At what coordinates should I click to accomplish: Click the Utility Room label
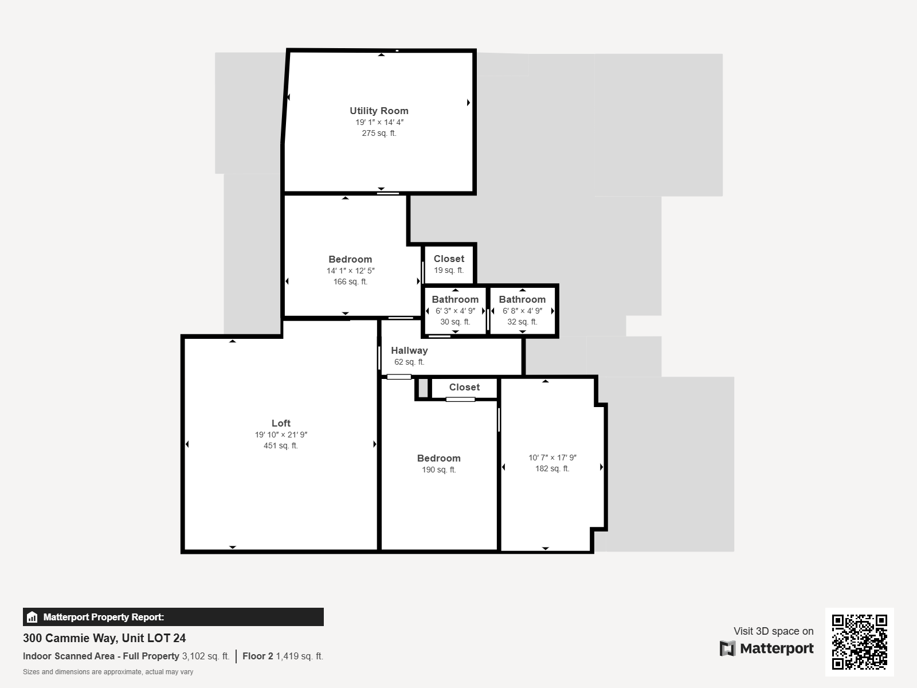point(379,111)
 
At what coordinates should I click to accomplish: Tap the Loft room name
point(281,423)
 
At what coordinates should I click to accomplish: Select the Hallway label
point(409,351)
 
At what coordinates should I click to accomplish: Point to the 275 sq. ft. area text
point(379,133)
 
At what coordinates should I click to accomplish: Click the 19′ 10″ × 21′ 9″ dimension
point(281,435)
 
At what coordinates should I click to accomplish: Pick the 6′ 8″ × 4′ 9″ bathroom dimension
point(522,311)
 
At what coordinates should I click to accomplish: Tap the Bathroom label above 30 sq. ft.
point(455,299)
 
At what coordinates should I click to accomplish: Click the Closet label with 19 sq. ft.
point(449,259)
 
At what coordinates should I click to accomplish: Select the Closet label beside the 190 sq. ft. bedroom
point(464,387)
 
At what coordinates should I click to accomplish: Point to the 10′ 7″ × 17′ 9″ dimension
point(552,458)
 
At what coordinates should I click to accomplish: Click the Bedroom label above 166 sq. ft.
point(350,259)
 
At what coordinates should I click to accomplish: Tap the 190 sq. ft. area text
point(438,470)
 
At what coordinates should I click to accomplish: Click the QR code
point(859,642)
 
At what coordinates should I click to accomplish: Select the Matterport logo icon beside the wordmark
point(727,648)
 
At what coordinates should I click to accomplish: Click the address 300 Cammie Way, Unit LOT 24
point(104,638)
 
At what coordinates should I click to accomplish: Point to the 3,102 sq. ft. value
point(206,656)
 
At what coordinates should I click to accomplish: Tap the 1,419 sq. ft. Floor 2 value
point(300,656)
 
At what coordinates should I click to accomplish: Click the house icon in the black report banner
point(32,617)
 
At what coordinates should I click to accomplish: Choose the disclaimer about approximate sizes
point(108,672)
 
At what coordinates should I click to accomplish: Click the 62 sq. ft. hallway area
point(409,362)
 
